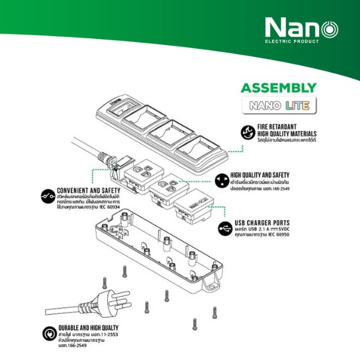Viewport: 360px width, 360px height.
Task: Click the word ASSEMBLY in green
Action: (x=278, y=88)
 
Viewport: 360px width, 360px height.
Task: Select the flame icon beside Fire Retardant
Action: (x=246, y=133)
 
